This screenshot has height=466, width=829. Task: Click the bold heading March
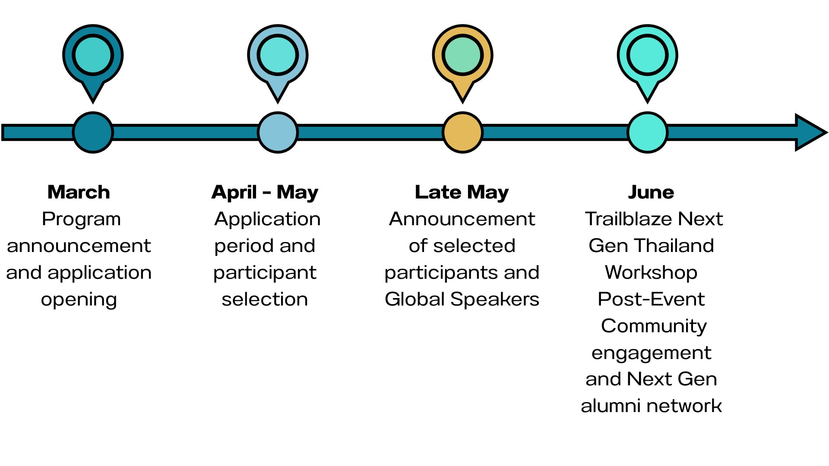tap(79, 192)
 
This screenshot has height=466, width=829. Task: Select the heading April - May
tap(265, 192)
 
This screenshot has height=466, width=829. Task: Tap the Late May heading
tap(462, 192)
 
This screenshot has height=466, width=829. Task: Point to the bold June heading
tap(651, 192)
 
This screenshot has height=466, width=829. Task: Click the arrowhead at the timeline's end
tap(810, 132)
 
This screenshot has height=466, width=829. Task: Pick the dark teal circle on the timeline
tap(93, 132)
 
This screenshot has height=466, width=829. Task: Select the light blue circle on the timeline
tap(278, 132)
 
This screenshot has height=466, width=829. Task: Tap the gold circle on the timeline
tap(462, 132)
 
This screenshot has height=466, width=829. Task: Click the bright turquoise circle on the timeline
tap(647, 132)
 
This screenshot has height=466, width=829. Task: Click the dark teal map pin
tap(93, 56)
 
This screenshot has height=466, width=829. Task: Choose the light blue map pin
tap(278, 56)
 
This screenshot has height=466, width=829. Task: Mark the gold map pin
tap(462, 56)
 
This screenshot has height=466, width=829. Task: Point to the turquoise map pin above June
tap(647, 56)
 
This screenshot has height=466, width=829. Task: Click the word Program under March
tap(81, 219)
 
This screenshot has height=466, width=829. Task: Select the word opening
tap(79, 299)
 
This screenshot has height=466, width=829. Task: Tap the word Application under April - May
tap(267, 219)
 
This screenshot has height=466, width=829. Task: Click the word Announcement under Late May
tap(462, 219)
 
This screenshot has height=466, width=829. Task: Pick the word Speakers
tap(495, 299)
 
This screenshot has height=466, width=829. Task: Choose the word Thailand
tap(674, 246)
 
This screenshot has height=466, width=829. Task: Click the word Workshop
tap(651, 273)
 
